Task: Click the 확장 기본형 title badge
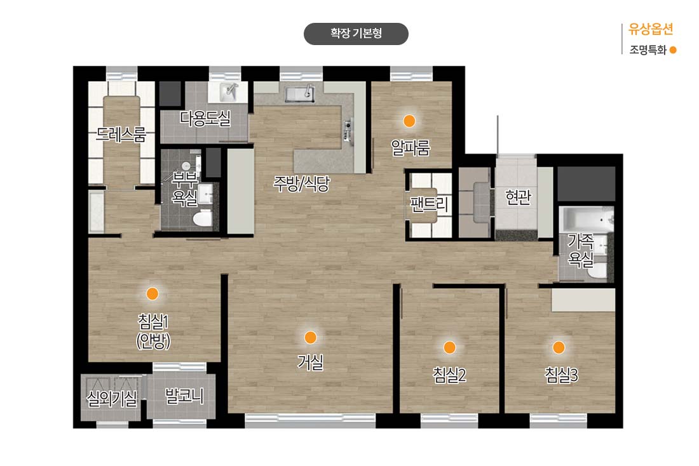tap(356, 34)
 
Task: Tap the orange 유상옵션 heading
tap(651, 29)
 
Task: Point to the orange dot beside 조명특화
tap(673, 50)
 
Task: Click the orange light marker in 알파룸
tap(409, 121)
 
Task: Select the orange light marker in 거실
tap(310, 337)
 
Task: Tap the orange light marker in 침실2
tap(449, 347)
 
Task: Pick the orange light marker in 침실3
tap(559, 347)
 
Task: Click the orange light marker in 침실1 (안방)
tap(153, 293)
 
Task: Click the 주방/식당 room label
tap(301, 183)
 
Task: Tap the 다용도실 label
tap(205, 119)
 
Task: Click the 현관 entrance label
tap(518, 196)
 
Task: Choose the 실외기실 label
tap(111, 398)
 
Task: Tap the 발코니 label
tap(184, 396)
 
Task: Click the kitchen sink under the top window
tap(299, 93)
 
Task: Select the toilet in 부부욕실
tap(203, 218)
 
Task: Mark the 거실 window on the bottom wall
tap(310, 420)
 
